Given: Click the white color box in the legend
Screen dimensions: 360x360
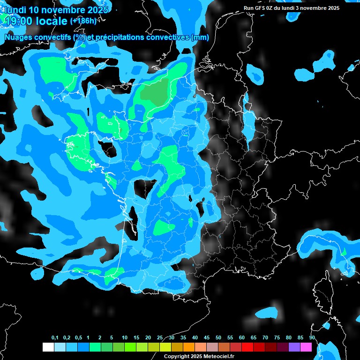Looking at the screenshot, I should pos(48,347).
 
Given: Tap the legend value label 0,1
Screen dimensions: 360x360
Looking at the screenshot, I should pos(55,338).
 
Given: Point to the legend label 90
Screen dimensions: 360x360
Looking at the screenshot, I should pos(312,338).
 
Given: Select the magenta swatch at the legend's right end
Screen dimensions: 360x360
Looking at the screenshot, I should pos(306,347).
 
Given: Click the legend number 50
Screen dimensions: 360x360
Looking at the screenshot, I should pos(218,338).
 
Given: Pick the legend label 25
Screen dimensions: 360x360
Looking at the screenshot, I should pos(160,338).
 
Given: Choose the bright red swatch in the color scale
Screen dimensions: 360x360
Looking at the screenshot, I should pos(247,347).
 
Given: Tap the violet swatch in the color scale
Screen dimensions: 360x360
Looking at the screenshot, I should pos(294,347).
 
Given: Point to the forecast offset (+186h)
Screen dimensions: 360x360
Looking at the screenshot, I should pos(83,21).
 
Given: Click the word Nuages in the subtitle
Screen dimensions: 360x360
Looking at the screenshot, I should pos(18,37).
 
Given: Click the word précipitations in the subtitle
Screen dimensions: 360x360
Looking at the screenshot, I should pos(120,37).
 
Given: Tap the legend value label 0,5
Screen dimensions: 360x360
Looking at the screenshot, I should pos(78,338).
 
